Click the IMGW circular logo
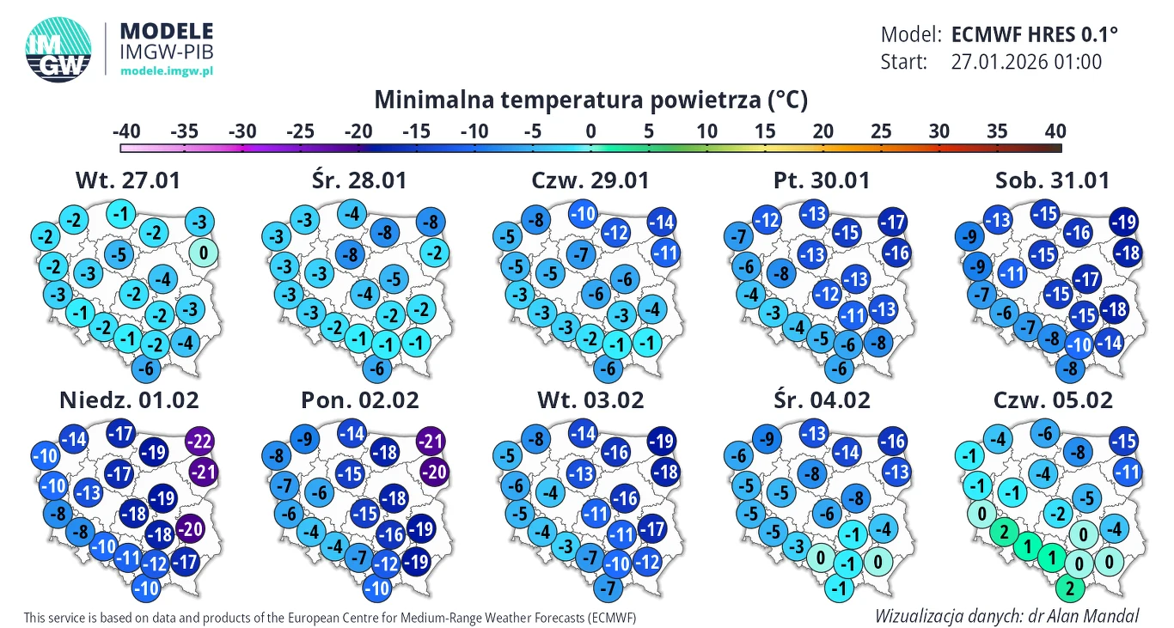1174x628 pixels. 58,51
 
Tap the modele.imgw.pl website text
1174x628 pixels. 166,70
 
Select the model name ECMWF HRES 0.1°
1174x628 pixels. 1035,34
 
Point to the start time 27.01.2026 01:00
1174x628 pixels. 1026,62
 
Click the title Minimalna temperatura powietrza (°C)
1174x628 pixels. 590,100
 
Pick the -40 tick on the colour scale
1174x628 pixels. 126,131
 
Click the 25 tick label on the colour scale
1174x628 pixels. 882,131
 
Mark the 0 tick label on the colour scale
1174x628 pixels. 590,131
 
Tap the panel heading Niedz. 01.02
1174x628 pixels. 129,399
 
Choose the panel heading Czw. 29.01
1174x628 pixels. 590,180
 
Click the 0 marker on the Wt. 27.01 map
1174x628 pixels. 203,253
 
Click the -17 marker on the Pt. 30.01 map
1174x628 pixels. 893,223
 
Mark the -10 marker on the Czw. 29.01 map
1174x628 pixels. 584,214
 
